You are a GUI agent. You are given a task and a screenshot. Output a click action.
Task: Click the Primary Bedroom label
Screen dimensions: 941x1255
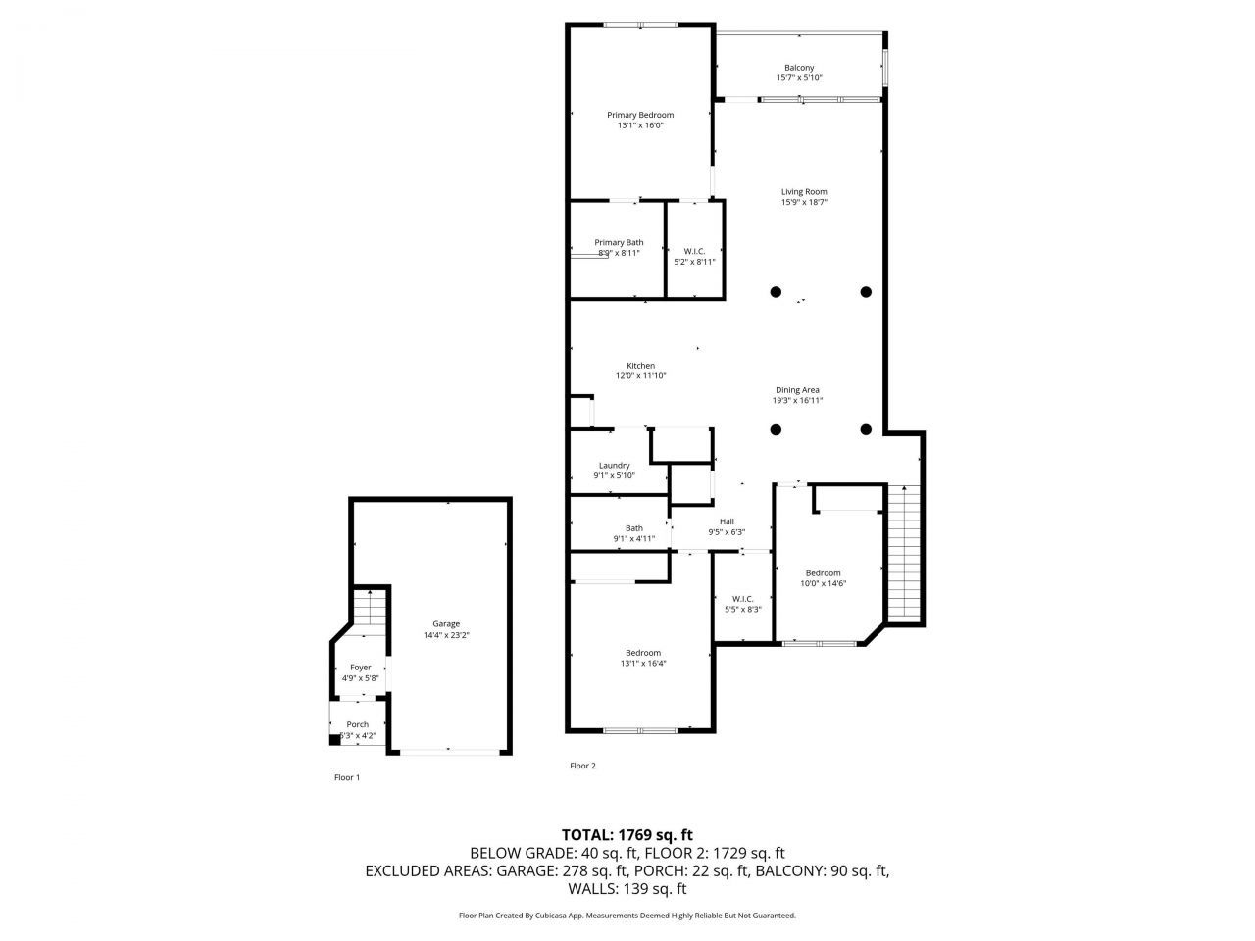[640, 115]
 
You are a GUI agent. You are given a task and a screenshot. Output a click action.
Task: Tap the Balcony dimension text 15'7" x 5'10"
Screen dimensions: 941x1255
[799, 78]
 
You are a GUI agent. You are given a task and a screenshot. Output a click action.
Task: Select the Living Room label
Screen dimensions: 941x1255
[804, 192]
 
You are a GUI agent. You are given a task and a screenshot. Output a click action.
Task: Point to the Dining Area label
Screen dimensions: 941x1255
[797, 390]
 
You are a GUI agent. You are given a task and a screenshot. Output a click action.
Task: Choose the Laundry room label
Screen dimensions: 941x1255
[615, 466]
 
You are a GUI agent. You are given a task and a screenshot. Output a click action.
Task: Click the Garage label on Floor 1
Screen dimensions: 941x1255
[446, 624]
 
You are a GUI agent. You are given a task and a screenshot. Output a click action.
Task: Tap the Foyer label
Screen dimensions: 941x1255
[361, 668]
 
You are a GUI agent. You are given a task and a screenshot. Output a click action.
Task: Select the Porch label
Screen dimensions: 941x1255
[358, 725]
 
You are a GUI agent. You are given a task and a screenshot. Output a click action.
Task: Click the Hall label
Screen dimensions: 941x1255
[727, 521]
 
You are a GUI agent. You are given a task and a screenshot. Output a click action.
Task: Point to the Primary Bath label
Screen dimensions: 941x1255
[620, 242]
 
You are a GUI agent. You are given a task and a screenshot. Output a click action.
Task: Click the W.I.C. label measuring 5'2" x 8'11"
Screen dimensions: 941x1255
[694, 252]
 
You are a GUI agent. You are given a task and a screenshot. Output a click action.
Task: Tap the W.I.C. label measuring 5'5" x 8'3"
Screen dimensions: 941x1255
[742, 599]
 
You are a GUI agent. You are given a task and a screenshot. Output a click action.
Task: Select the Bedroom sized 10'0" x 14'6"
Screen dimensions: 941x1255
[824, 573]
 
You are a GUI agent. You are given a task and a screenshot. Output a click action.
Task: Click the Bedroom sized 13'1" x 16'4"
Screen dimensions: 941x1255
[643, 653]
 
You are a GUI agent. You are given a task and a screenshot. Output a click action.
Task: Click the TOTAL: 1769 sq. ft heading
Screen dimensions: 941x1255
[627, 835]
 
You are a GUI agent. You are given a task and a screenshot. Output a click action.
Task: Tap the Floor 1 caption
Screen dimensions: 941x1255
[347, 777]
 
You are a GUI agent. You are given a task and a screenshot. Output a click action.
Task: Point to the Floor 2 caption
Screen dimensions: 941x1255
[582, 766]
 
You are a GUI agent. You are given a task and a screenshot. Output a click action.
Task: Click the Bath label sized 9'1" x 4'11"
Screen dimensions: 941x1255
[634, 528]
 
